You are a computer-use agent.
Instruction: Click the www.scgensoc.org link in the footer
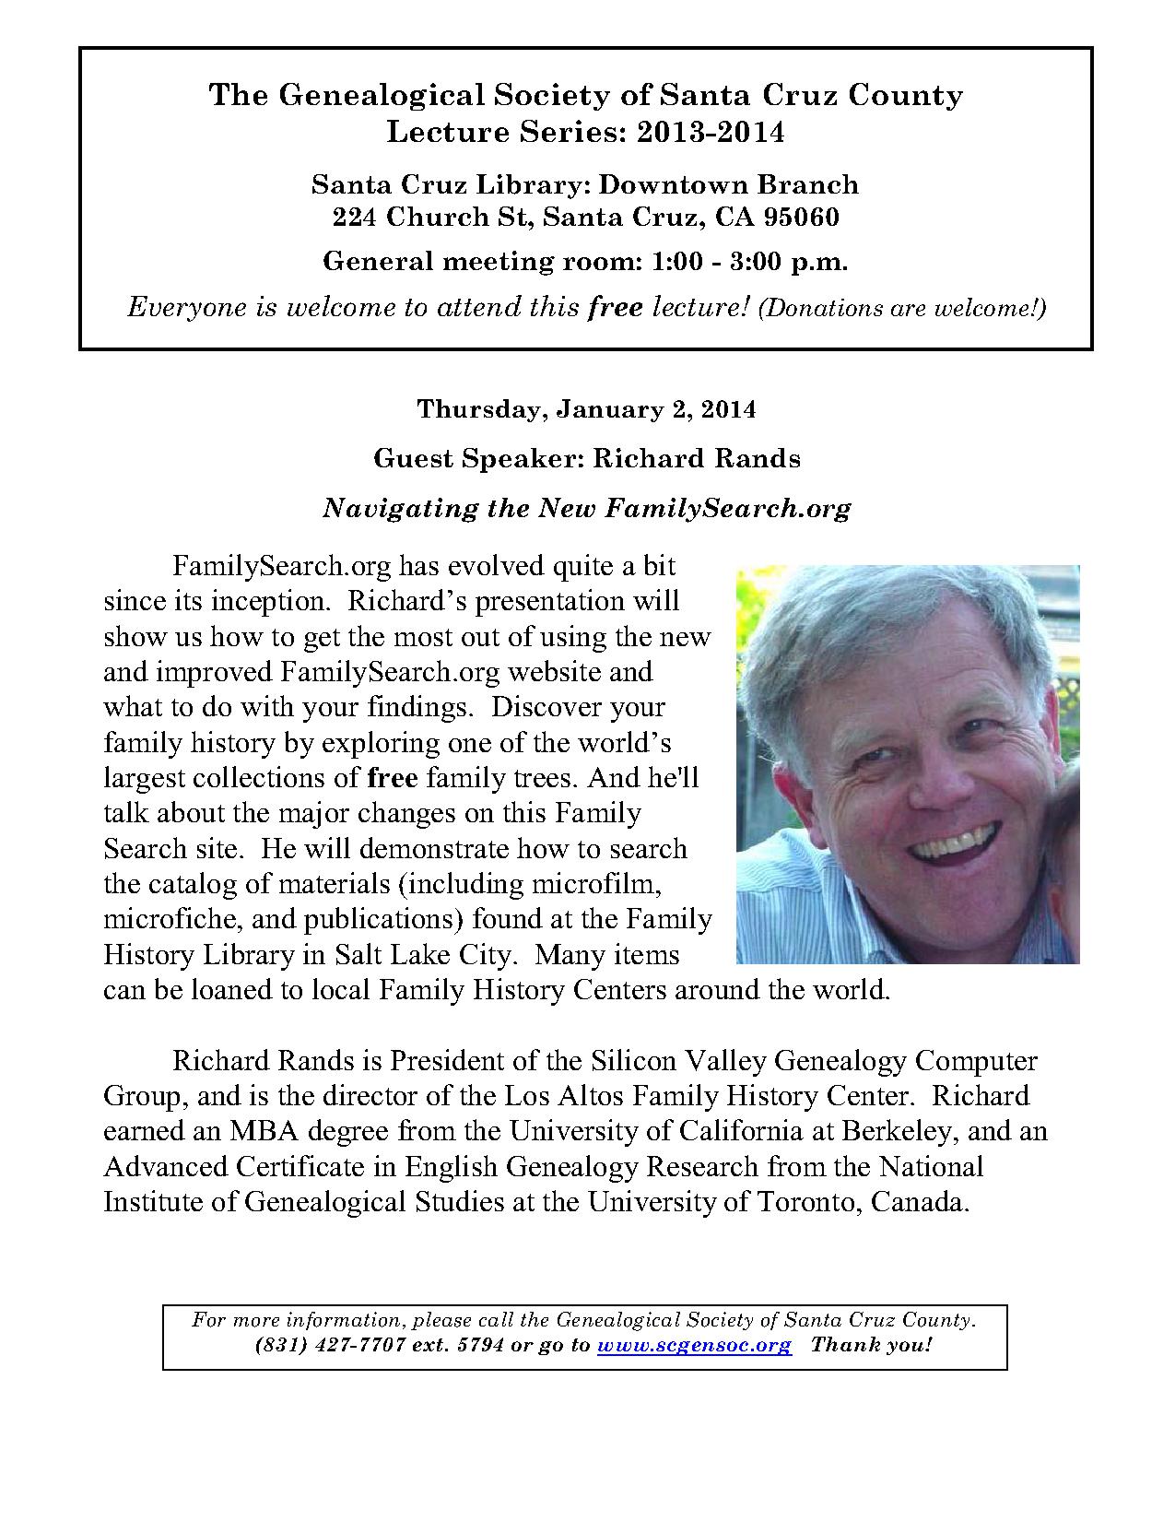click(x=694, y=1345)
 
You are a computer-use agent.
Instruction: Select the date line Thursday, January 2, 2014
click(x=586, y=409)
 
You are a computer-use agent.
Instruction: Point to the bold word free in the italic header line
click(x=615, y=307)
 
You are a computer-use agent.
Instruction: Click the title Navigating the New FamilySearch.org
click(x=586, y=508)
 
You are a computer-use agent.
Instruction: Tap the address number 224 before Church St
click(x=357, y=218)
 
